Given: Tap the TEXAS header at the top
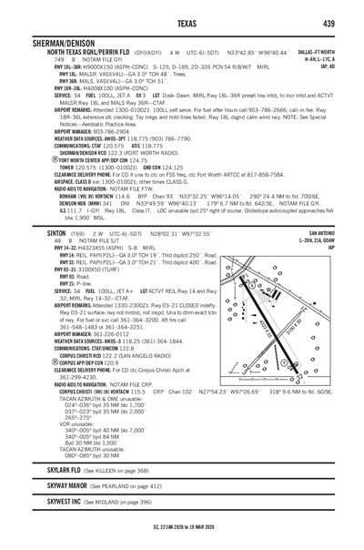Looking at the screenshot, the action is point(182,23).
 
